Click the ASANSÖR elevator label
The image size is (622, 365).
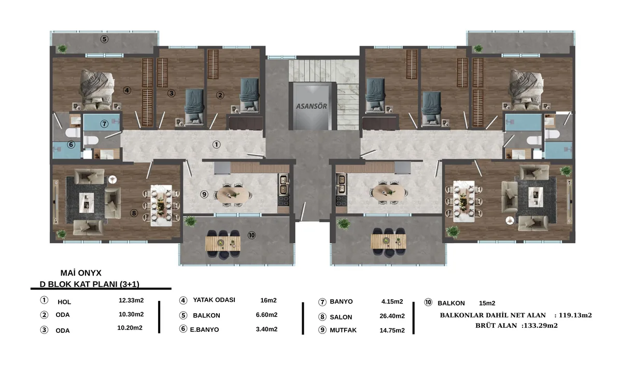coord(312,106)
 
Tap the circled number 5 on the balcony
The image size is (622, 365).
coord(104,39)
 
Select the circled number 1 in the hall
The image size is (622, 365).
coord(216,144)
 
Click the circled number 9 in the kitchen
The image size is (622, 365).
coord(204,194)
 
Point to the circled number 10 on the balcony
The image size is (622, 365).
coord(251,235)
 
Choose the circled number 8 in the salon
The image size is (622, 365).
coord(134,213)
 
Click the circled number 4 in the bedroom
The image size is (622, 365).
coord(127,90)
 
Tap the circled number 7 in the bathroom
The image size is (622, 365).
coord(104,123)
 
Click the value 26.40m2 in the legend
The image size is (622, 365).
coord(392,316)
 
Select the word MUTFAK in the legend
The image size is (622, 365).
coord(343,330)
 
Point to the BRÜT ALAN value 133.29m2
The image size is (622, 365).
coord(540,326)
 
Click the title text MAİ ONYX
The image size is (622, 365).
coord(81,273)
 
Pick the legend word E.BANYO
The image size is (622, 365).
coord(204,329)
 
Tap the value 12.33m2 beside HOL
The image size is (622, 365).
coord(131,300)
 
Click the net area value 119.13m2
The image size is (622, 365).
coord(575,315)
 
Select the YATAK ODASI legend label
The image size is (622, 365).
coord(214,300)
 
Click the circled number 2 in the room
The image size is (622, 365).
coord(220,95)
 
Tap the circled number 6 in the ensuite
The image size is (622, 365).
coord(71,144)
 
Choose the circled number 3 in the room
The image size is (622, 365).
coord(172,93)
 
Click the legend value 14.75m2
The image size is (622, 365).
coord(392,330)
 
